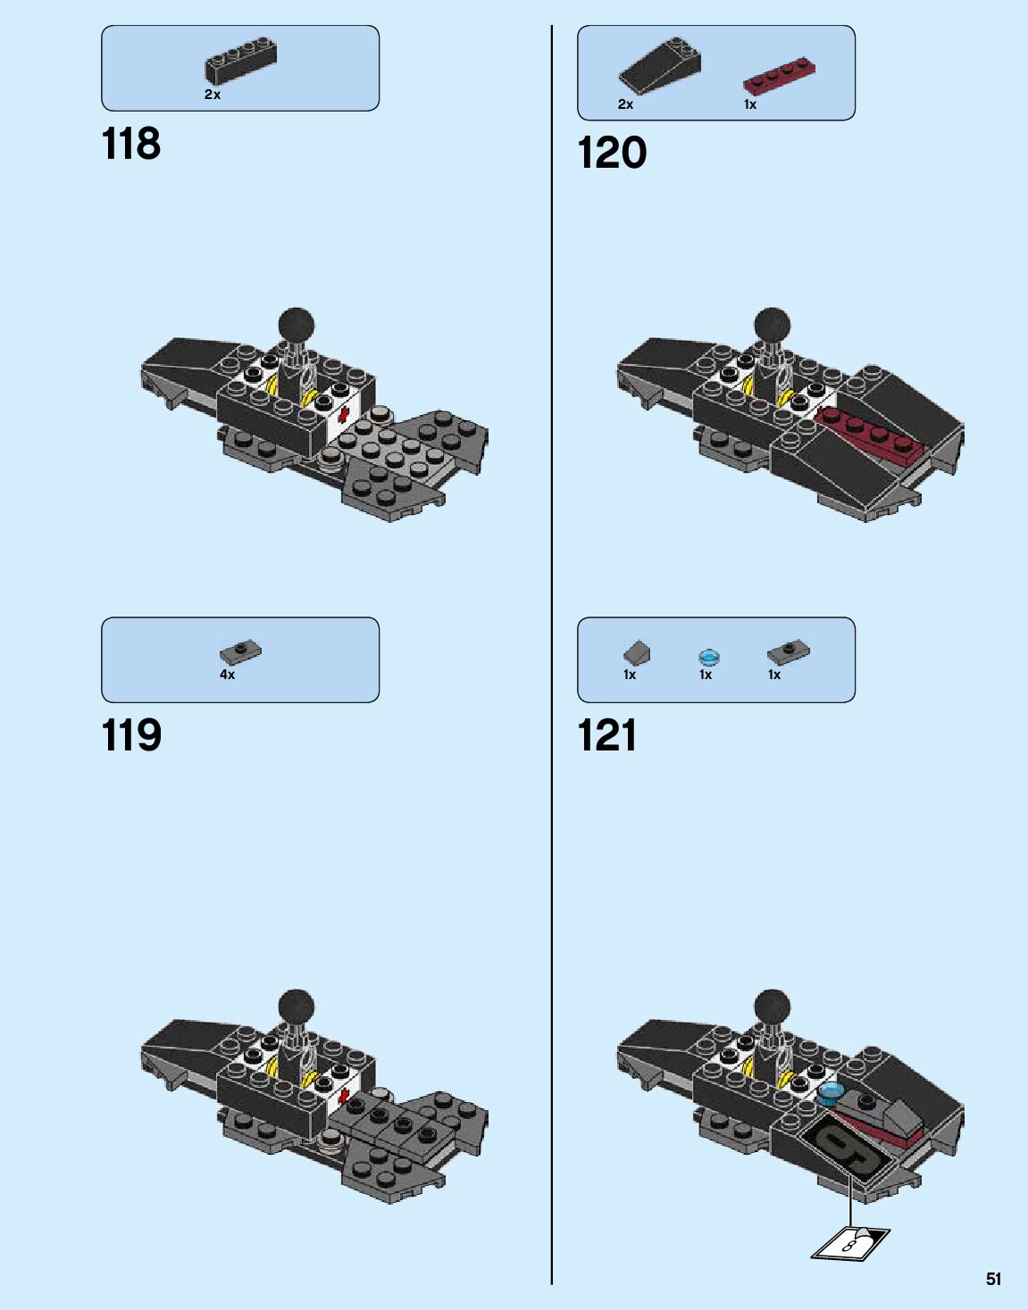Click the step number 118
pyautogui.click(x=131, y=144)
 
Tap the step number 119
pyautogui.click(x=131, y=736)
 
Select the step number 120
pyautogui.click(x=612, y=153)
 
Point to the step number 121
pyautogui.click(x=607, y=736)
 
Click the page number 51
pyautogui.click(x=993, y=1279)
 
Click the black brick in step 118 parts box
pyautogui.click(x=240, y=61)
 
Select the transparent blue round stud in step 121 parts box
pyautogui.click(x=709, y=658)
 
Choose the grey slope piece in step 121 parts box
pyautogui.click(x=637, y=652)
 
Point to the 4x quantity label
pyautogui.click(x=227, y=676)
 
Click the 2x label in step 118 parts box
pyautogui.click(x=212, y=95)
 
